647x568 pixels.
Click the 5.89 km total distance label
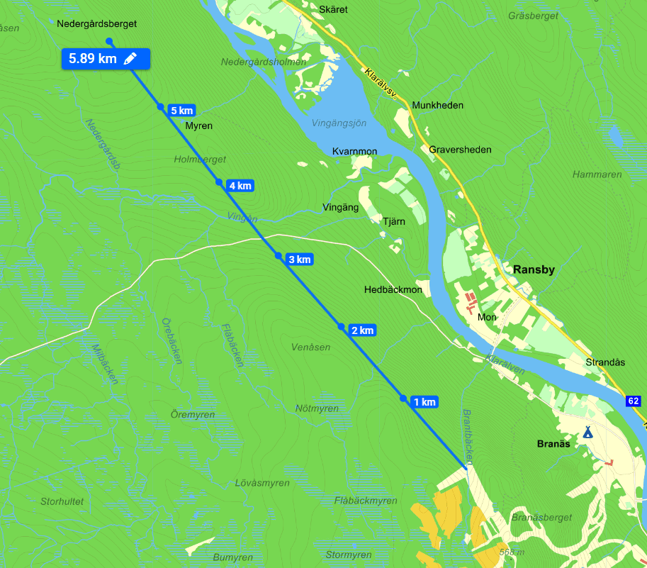93,59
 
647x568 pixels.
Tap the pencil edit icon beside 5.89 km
130,59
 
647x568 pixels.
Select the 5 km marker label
182,111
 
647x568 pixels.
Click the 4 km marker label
240,186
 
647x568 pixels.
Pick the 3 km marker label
300,260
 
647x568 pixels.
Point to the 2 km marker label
362,330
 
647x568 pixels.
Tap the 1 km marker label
424,402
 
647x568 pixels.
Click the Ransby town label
534,269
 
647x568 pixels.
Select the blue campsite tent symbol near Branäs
587,431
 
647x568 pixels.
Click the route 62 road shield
634,401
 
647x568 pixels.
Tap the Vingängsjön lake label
339,123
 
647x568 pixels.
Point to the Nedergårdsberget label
96,23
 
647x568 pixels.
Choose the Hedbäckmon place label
393,290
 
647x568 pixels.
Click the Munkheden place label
437,106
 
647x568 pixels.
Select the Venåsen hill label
311,347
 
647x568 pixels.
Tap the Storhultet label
62,501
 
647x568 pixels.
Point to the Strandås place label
605,362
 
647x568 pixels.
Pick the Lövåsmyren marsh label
261,483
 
